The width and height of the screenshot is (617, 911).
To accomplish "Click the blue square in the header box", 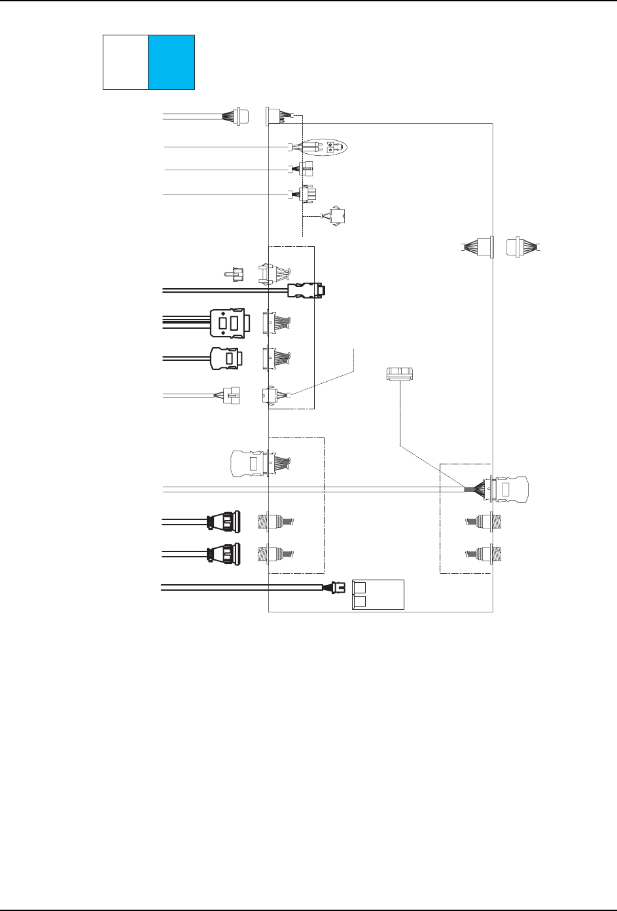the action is (x=171, y=62).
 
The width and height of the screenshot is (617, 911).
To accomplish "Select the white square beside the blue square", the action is (x=126, y=62).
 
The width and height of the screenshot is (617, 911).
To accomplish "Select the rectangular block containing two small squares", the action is (x=378, y=595).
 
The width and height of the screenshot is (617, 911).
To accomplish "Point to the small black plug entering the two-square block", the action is (x=338, y=587).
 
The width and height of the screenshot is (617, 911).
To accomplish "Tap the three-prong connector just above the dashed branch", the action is (x=305, y=195).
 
